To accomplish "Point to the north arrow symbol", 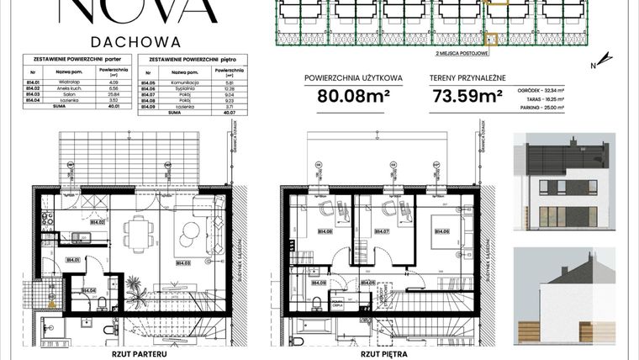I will pos(593,65).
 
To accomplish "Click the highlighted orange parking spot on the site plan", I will pos(491,38).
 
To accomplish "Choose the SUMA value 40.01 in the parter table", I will pos(123,107).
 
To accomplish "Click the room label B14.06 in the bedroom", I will pos(440,230).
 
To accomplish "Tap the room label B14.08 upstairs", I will pos(322,230).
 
